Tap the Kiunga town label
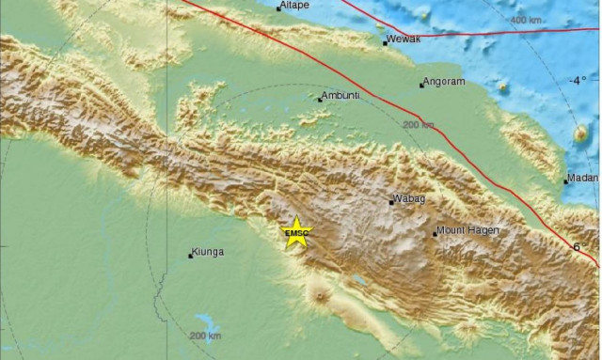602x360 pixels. [x=208, y=252]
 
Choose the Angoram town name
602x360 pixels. [x=443, y=83]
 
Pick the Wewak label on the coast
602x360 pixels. [x=403, y=40]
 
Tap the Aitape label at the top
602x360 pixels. [x=294, y=6]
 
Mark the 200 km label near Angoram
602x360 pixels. [x=418, y=124]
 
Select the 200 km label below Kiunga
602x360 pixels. [x=204, y=336]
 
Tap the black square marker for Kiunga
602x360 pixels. [x=191, y=255]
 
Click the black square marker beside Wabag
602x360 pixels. [x=391, y=201]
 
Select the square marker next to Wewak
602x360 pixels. [x=385, y=42]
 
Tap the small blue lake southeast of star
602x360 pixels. [x=357, y=279]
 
